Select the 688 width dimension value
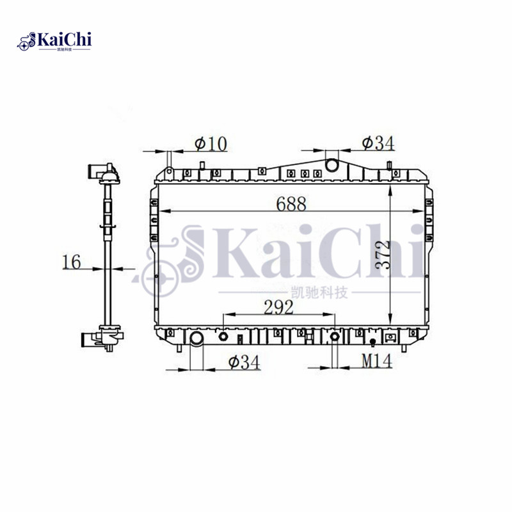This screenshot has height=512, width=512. (x=291, y=204)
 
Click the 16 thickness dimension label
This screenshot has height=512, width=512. (x=72, y=261)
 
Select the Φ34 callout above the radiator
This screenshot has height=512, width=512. (x=377, y=143)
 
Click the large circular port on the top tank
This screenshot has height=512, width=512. (x=333, y=165)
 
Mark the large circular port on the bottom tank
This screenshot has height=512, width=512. (x=196, y=339)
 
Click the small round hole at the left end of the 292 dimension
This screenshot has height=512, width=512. (x=223, y=337)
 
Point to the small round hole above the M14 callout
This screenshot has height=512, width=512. (x=334, y=337)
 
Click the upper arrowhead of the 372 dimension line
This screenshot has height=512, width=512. (x=390, y=188)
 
